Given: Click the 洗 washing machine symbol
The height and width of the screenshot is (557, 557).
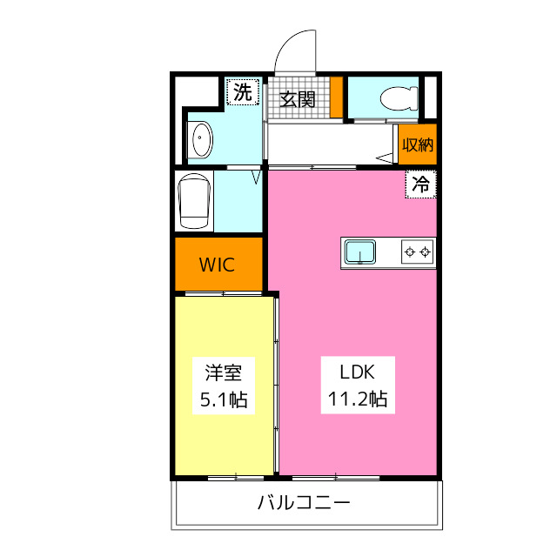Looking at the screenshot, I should [x=245, y=91].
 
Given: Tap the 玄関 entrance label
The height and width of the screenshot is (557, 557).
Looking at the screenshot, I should [x=298, y=98].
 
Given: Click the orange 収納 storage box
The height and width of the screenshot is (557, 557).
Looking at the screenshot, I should [x=417, y=144].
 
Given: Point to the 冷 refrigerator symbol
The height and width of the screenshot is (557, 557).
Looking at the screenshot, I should [x=420, y=184].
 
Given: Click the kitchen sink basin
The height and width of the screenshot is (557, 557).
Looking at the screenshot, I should [x=359, y=252].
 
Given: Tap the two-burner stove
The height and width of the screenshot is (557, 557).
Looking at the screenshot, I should [x=417, y=252].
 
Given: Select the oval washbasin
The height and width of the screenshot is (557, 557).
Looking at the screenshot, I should [x=201, y=140].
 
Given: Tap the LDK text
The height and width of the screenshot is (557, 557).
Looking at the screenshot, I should [x=356, y=372].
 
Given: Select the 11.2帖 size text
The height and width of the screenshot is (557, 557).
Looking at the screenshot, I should [x=357, y=400].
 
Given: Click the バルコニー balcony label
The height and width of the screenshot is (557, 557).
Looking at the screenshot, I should [x=304, y=503].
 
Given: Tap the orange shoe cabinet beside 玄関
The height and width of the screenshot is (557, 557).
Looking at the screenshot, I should [x=335, y=97].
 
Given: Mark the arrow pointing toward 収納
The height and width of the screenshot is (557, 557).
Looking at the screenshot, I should [x=384, y=158].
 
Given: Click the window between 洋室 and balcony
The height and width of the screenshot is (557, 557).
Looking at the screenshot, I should [x=235, y=476].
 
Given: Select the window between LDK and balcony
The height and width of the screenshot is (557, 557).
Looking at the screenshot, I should [x=336, y=476].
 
